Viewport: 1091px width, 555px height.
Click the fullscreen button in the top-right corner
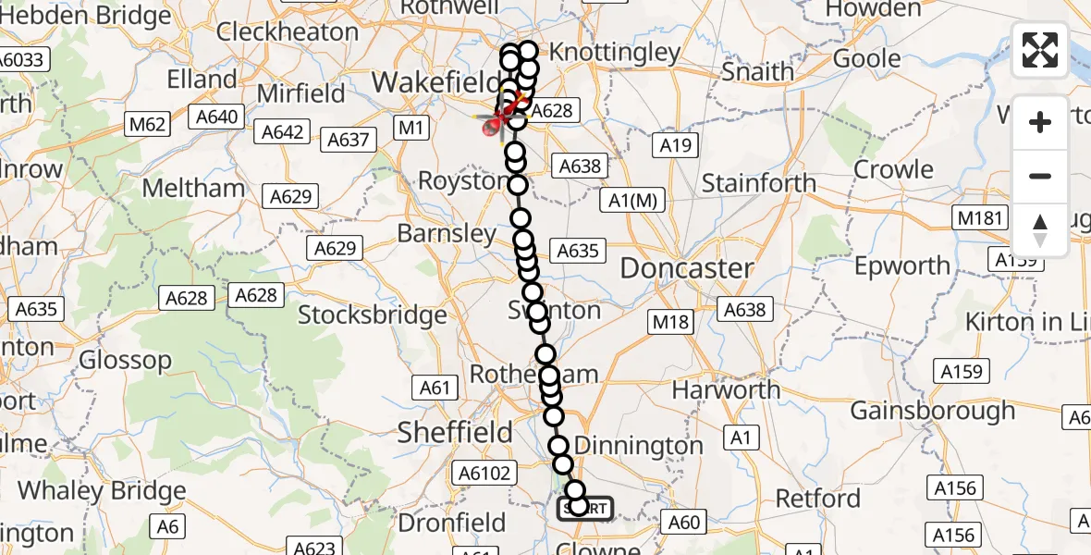point(1040,50)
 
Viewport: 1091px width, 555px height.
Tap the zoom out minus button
point(1040,176)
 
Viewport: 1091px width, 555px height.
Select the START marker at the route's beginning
point(585,508)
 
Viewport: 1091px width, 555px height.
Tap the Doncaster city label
point(686,269)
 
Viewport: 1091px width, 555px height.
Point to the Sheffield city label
point(455,432)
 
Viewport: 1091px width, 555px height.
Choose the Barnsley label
point(447,234)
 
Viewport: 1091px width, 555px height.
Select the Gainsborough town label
point(933,410)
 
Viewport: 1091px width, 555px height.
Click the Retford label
point(817,499)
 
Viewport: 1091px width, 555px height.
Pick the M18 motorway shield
point(670,321)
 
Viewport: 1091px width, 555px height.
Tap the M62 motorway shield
point(147,124)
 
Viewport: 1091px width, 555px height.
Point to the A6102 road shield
point(484,474)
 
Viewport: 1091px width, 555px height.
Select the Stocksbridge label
point(372,315)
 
